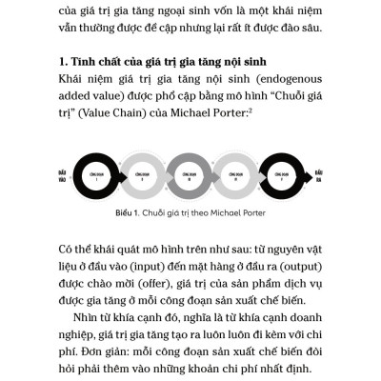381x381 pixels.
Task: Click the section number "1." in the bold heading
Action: (x=64, y=63)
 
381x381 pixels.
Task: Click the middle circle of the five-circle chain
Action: (x=190, y=177)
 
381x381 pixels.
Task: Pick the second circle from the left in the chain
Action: (x=142, y=177)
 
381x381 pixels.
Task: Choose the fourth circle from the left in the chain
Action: (x=237, y=177)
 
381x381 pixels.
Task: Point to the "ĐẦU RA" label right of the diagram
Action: (x=316, y=177)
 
